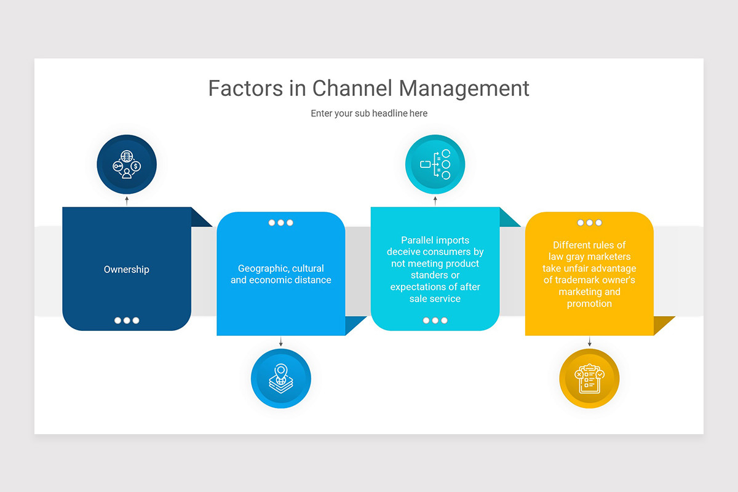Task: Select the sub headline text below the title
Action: point(369,113)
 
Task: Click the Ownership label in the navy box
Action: point(127,269)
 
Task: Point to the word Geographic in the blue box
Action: point(263,268)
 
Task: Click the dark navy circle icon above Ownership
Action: point(127,165)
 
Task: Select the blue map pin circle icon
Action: point(281,378)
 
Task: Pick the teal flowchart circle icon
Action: point(435,165)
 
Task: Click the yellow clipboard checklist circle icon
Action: point(589,378)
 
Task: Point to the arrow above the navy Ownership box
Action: point(127,200)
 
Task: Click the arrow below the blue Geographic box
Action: point(281,342)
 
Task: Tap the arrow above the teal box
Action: point(435,200)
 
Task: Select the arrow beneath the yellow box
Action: point(589,342)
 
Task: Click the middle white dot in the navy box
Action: point(127,320)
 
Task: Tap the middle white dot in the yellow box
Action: point(589,223)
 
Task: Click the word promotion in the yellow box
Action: point(589,303)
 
